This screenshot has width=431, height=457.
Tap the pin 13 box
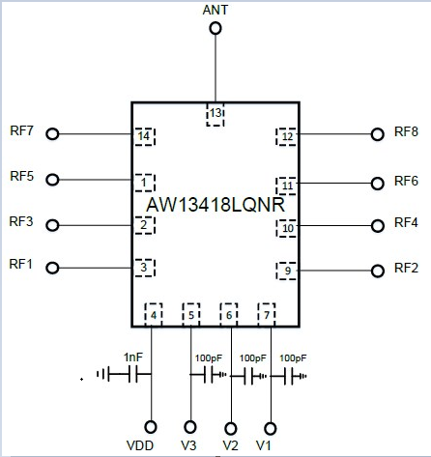[215, 115]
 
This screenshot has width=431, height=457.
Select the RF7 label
[21, 130]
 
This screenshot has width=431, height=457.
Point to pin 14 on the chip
[144, 136]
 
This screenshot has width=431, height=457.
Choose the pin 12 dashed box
[286, 136]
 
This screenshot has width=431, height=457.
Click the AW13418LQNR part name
[215, 205]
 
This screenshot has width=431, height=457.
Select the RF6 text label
[406, 181]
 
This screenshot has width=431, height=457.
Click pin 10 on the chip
[286, 228]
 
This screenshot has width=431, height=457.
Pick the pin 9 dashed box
[286, 271]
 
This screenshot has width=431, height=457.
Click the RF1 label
[21, 264]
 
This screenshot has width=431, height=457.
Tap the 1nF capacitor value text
[133, 357]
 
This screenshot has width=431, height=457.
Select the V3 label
[188, 445]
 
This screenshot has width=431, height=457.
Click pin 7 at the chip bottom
[267, 315]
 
